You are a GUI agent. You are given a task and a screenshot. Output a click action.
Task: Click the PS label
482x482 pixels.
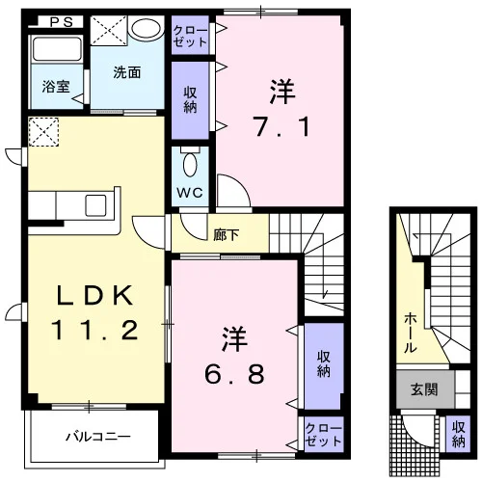[62, 22]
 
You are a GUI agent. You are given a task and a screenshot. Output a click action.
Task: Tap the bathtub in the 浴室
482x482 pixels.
[57, 49]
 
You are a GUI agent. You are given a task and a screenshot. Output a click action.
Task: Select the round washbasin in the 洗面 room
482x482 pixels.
[147, 28]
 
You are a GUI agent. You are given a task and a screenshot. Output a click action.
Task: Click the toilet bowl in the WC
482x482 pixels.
[190, 163]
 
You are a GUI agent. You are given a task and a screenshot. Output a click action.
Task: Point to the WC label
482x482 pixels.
[190, 193]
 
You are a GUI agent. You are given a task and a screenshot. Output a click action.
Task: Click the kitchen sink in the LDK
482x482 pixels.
[95, 205]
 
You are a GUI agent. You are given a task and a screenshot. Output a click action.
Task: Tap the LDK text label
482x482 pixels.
[95, 295]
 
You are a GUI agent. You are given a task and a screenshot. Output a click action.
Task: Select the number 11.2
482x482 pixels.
[95, 330]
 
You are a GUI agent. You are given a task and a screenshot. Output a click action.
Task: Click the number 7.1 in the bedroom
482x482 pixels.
[282, 126]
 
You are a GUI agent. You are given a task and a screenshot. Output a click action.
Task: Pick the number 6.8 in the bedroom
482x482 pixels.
[234, 374]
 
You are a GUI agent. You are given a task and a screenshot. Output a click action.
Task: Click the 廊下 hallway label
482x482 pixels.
[227, 235]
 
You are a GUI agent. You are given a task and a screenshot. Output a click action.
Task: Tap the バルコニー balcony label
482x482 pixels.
[98, 437]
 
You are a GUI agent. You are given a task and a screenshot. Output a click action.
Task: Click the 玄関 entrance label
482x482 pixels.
[424, 389]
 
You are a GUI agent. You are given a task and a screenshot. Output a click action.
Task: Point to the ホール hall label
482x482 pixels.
[411, 333]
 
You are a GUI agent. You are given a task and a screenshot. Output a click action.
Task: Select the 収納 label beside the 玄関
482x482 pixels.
[459, 435]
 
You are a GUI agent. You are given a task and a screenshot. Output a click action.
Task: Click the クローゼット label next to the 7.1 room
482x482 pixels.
[190, 37]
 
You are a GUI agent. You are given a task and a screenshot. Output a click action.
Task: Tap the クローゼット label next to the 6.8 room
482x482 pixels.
[323, 435]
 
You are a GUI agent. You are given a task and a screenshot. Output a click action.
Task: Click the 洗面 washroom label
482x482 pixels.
[127, 72]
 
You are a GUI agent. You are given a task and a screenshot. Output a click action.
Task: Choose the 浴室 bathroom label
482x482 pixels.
[56, 87]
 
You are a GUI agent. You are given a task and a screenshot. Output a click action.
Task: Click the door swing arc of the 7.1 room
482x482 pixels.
[242, 183]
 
